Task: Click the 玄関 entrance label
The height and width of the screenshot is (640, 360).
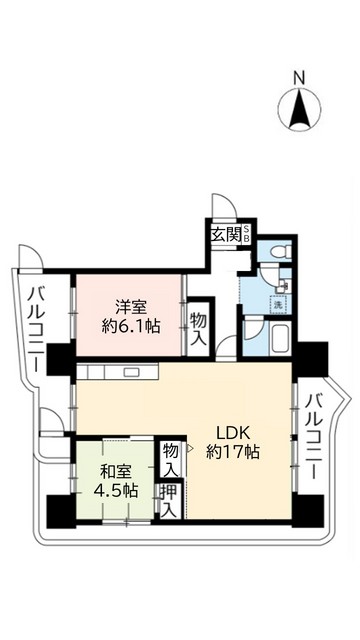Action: click(x=225, y=236)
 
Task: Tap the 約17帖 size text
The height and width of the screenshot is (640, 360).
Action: click(x=234, y=453)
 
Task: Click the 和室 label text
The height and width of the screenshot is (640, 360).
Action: click(x=113, y=470)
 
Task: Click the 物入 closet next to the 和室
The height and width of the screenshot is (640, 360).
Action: click(x=171, y=460)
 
